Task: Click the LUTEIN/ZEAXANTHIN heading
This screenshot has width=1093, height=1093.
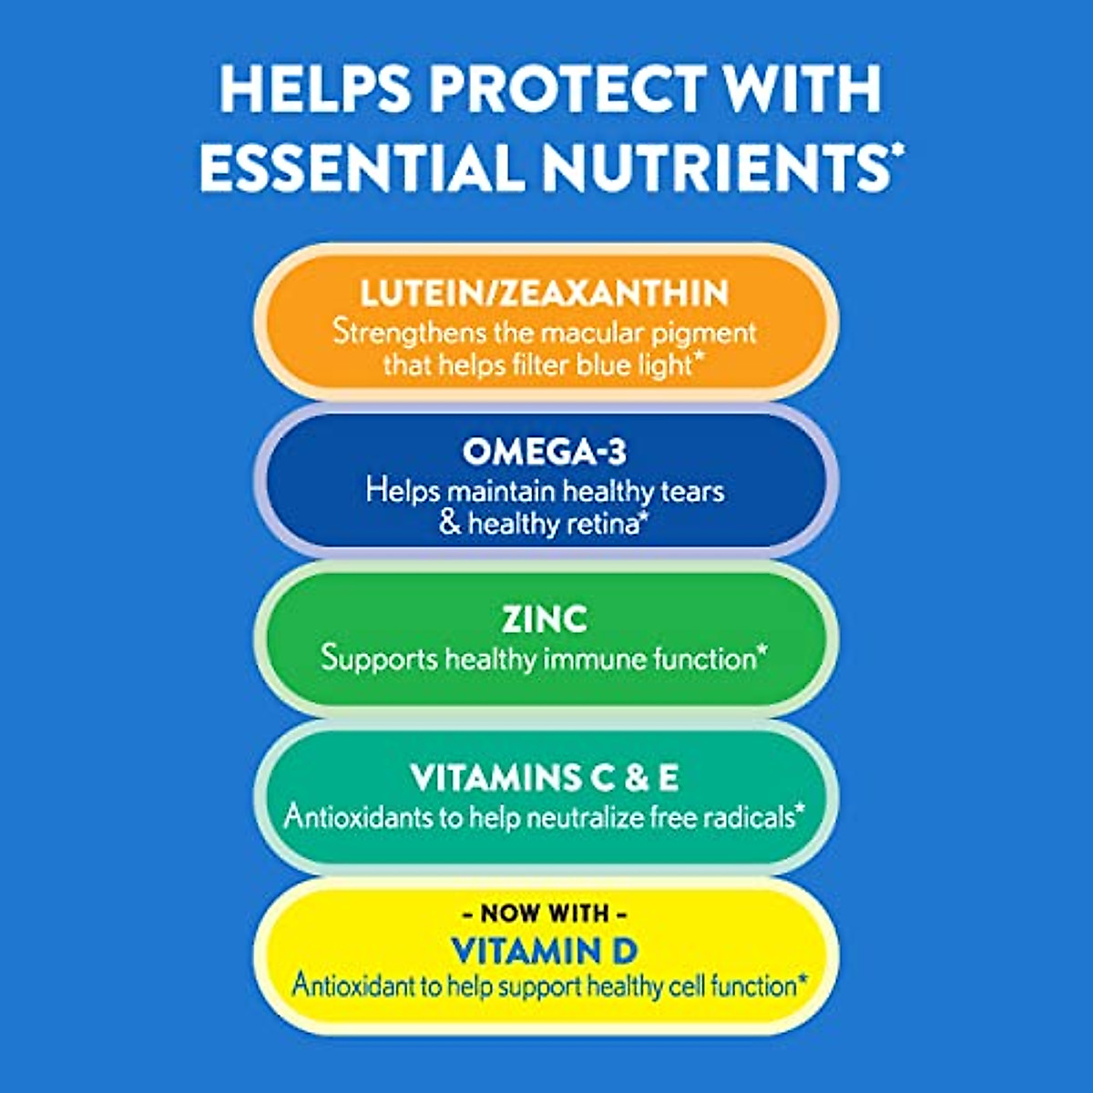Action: point(545,293)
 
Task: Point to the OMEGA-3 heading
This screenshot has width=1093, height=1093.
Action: point(545,451)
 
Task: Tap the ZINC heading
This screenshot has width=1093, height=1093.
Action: point(545,619)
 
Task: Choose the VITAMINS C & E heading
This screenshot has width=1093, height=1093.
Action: point(545,778)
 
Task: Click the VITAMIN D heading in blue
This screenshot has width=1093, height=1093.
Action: point(545,951)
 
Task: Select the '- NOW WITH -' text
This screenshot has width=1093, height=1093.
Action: point(545,913)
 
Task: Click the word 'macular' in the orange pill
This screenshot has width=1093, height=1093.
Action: point(600,332)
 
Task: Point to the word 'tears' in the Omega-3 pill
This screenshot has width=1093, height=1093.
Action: point(693,491)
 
